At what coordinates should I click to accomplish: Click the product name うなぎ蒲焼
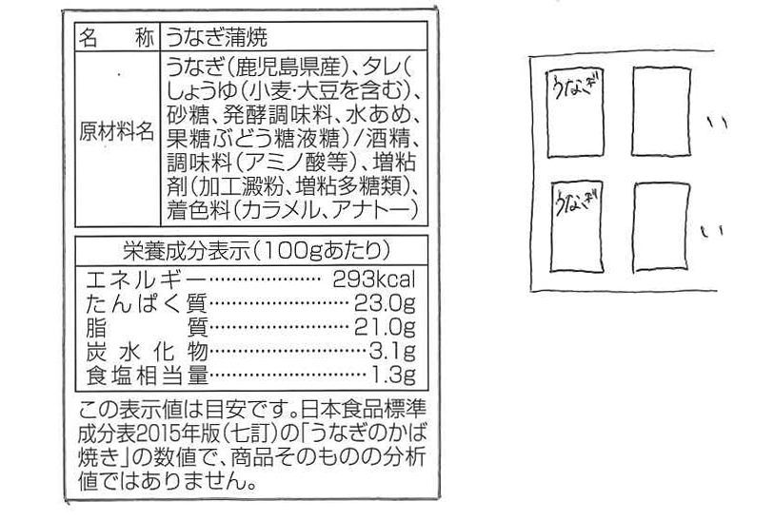click(213, 39)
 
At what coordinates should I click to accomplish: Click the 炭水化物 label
click(146, 351)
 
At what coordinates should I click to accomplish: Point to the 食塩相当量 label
click(146, 374)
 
